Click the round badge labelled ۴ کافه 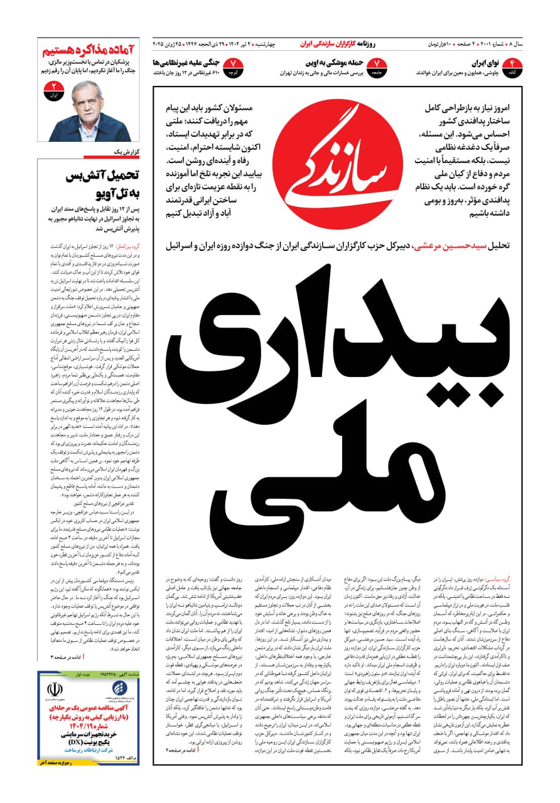pyautogui.click(x=512, y=67)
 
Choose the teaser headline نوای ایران pyautogui.click(x=484, y=63)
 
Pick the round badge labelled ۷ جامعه pyautogui.click(x=377, y=67)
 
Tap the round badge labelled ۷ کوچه pyautogui.click(x=233, y=67)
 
